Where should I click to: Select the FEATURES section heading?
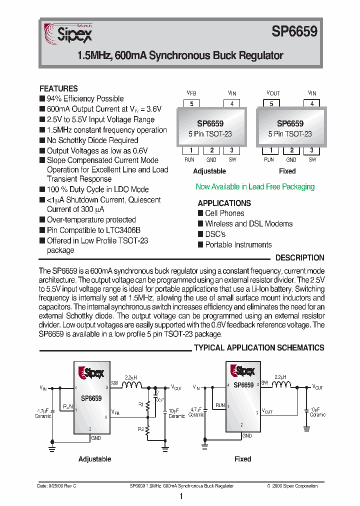point(58,88)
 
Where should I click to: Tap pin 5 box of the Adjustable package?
point(191,104)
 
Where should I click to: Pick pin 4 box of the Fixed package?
point(312,104)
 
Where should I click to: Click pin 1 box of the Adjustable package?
point(189,150)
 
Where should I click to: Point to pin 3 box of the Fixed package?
point(312,150)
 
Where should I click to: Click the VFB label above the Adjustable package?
point(191,93)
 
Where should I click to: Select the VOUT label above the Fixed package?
point(273,93)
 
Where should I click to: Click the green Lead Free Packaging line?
point(255,186)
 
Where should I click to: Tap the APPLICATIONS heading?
point(224,203)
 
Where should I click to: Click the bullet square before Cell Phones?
point(201,213)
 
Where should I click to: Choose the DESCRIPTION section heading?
point(300,258)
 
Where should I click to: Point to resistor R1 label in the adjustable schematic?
point(141,404)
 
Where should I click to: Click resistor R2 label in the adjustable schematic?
point(141,429)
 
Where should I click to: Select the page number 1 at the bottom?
point(180,496)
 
